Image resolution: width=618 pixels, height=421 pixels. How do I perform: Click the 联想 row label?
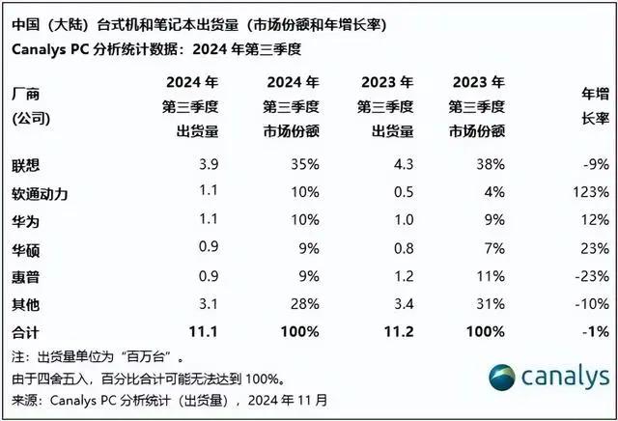click(25, 165)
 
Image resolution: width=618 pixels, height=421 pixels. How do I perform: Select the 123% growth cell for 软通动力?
click(588, 193)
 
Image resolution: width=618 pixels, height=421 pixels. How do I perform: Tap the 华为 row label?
click(25, 220)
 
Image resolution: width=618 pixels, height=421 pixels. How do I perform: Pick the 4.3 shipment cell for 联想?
click(400, 165)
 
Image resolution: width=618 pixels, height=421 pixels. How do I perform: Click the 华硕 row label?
click(25, 247)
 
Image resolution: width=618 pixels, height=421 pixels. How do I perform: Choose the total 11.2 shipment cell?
click(398, 331)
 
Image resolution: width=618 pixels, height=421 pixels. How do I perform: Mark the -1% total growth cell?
click(593, 331)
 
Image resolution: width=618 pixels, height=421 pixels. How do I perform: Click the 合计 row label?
click(25, 331)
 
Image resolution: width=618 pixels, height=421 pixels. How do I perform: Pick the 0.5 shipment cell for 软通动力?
click(400, 193)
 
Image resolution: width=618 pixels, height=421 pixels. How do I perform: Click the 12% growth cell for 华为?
click(592, 220)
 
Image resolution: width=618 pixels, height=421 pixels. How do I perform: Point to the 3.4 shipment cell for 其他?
click(400, 303)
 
